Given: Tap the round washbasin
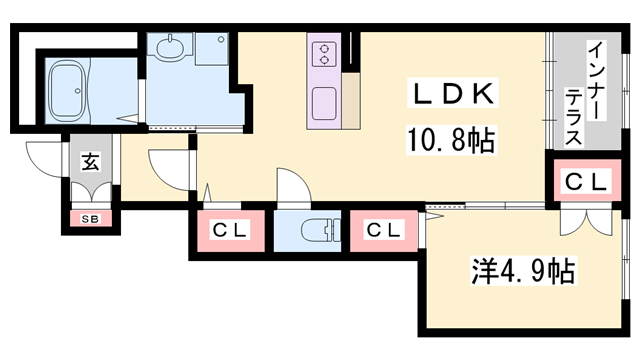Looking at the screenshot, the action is tap(169, 47).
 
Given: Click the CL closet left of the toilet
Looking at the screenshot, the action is tap(229, 230).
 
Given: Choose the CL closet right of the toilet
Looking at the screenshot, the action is tap(383, 230).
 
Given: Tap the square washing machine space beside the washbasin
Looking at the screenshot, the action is tap(212, 49).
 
